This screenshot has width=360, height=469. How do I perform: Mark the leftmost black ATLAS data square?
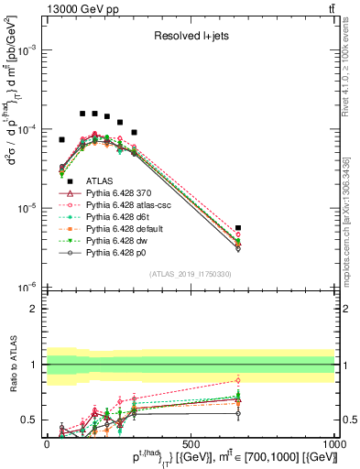61,140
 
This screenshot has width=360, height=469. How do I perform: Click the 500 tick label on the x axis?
191,442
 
